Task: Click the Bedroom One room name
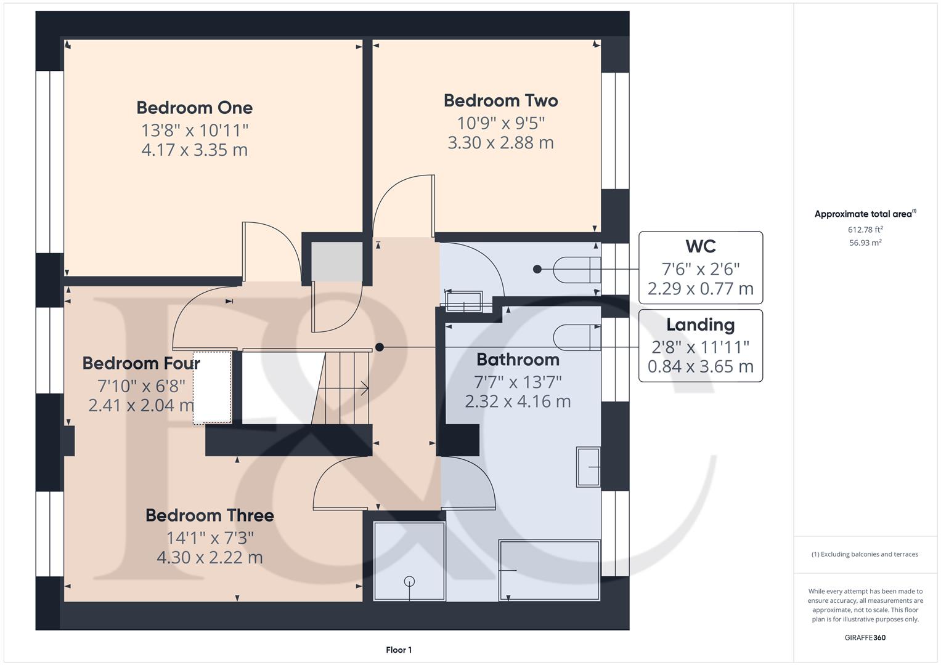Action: (x=194, y=108)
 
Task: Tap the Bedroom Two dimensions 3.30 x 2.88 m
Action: (x=500, y=143)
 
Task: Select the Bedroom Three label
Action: (x=210, y=515)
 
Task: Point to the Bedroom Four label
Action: (x=141, y=363)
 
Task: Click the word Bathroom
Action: (x=518, y=360)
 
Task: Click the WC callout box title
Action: (x=701, y=246)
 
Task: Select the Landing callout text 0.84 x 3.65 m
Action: (x=701, y=367)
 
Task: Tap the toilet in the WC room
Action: (x=576, y=269)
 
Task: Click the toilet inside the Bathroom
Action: (x=576, y=337)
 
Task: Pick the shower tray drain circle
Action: (x=409, y=581)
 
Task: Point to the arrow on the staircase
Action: (x=364, y=389)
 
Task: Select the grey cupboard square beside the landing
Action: (x=336, y=262)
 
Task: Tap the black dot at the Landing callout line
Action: (x=380, y=347)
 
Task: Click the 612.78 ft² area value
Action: (x=865, y=230)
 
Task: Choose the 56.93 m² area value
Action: (x=865, y=243)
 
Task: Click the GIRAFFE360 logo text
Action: (x=865, y=637)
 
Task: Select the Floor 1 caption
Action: (x=399, y=650)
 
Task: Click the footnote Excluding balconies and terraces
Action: (x=865, y=554)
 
